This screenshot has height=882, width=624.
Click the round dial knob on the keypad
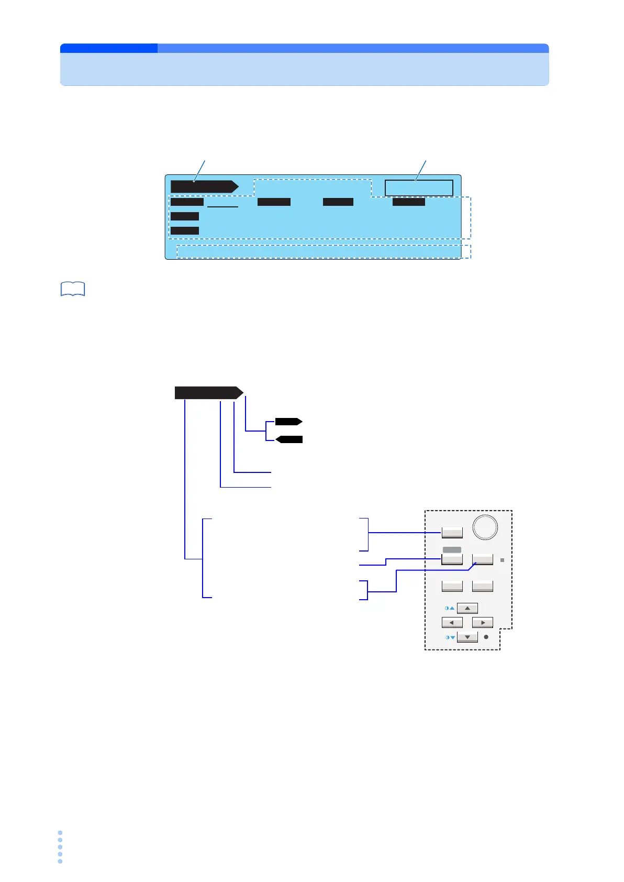coord(485,527)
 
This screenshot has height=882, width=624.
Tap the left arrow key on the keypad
coord(452,623)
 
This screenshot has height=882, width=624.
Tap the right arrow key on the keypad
coord(483,623)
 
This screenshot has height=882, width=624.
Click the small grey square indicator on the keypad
coord(502,560)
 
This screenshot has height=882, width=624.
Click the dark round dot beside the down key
coord(486,637)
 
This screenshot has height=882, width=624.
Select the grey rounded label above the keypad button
coord(452,549)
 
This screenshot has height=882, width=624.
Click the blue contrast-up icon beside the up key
coord(449,609)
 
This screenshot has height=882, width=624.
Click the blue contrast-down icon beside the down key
coord(449,637)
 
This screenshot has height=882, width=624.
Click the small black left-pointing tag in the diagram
coord(289,439)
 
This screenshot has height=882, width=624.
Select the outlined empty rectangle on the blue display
coord(419,188)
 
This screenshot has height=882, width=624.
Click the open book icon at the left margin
coord(73,289)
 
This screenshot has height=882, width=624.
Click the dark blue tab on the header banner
coord(109,48)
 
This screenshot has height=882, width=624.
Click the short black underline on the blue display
coord(222,207)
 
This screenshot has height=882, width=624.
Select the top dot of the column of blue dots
coord(60,832)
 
